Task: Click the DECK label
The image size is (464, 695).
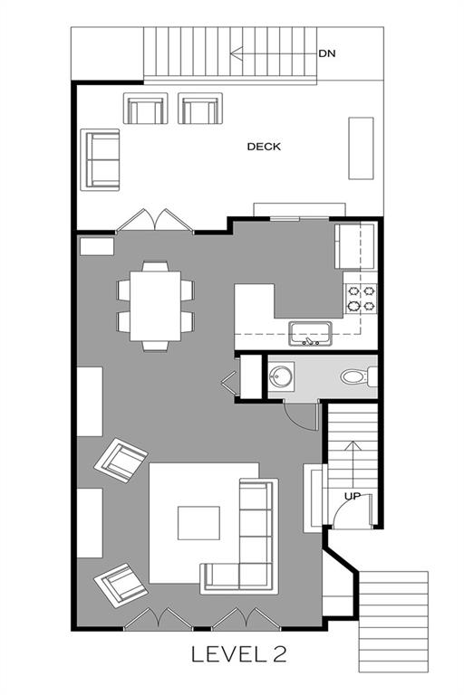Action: point(264,147)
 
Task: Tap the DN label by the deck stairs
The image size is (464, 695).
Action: point(327,53)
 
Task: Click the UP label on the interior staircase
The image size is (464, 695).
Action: point(353,497)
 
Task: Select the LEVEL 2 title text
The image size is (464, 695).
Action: point(239,654)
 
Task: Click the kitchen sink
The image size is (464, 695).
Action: point(310,334)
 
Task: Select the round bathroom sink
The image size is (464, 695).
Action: point(281,376)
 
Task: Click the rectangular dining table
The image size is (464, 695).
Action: point(155,306)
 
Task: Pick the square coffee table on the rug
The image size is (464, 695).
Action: point(198,523)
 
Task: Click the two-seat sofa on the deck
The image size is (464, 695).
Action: point(101,160)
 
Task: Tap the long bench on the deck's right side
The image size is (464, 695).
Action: point(361,148)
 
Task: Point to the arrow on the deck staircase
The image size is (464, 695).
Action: point(272,53)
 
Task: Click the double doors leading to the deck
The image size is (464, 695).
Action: point(155,220)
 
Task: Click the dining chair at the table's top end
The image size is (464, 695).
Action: point(155,266)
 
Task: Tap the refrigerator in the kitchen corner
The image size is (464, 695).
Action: point(356,246)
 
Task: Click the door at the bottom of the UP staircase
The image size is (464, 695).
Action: point(351,510)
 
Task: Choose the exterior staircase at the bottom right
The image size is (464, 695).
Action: point(393,622)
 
